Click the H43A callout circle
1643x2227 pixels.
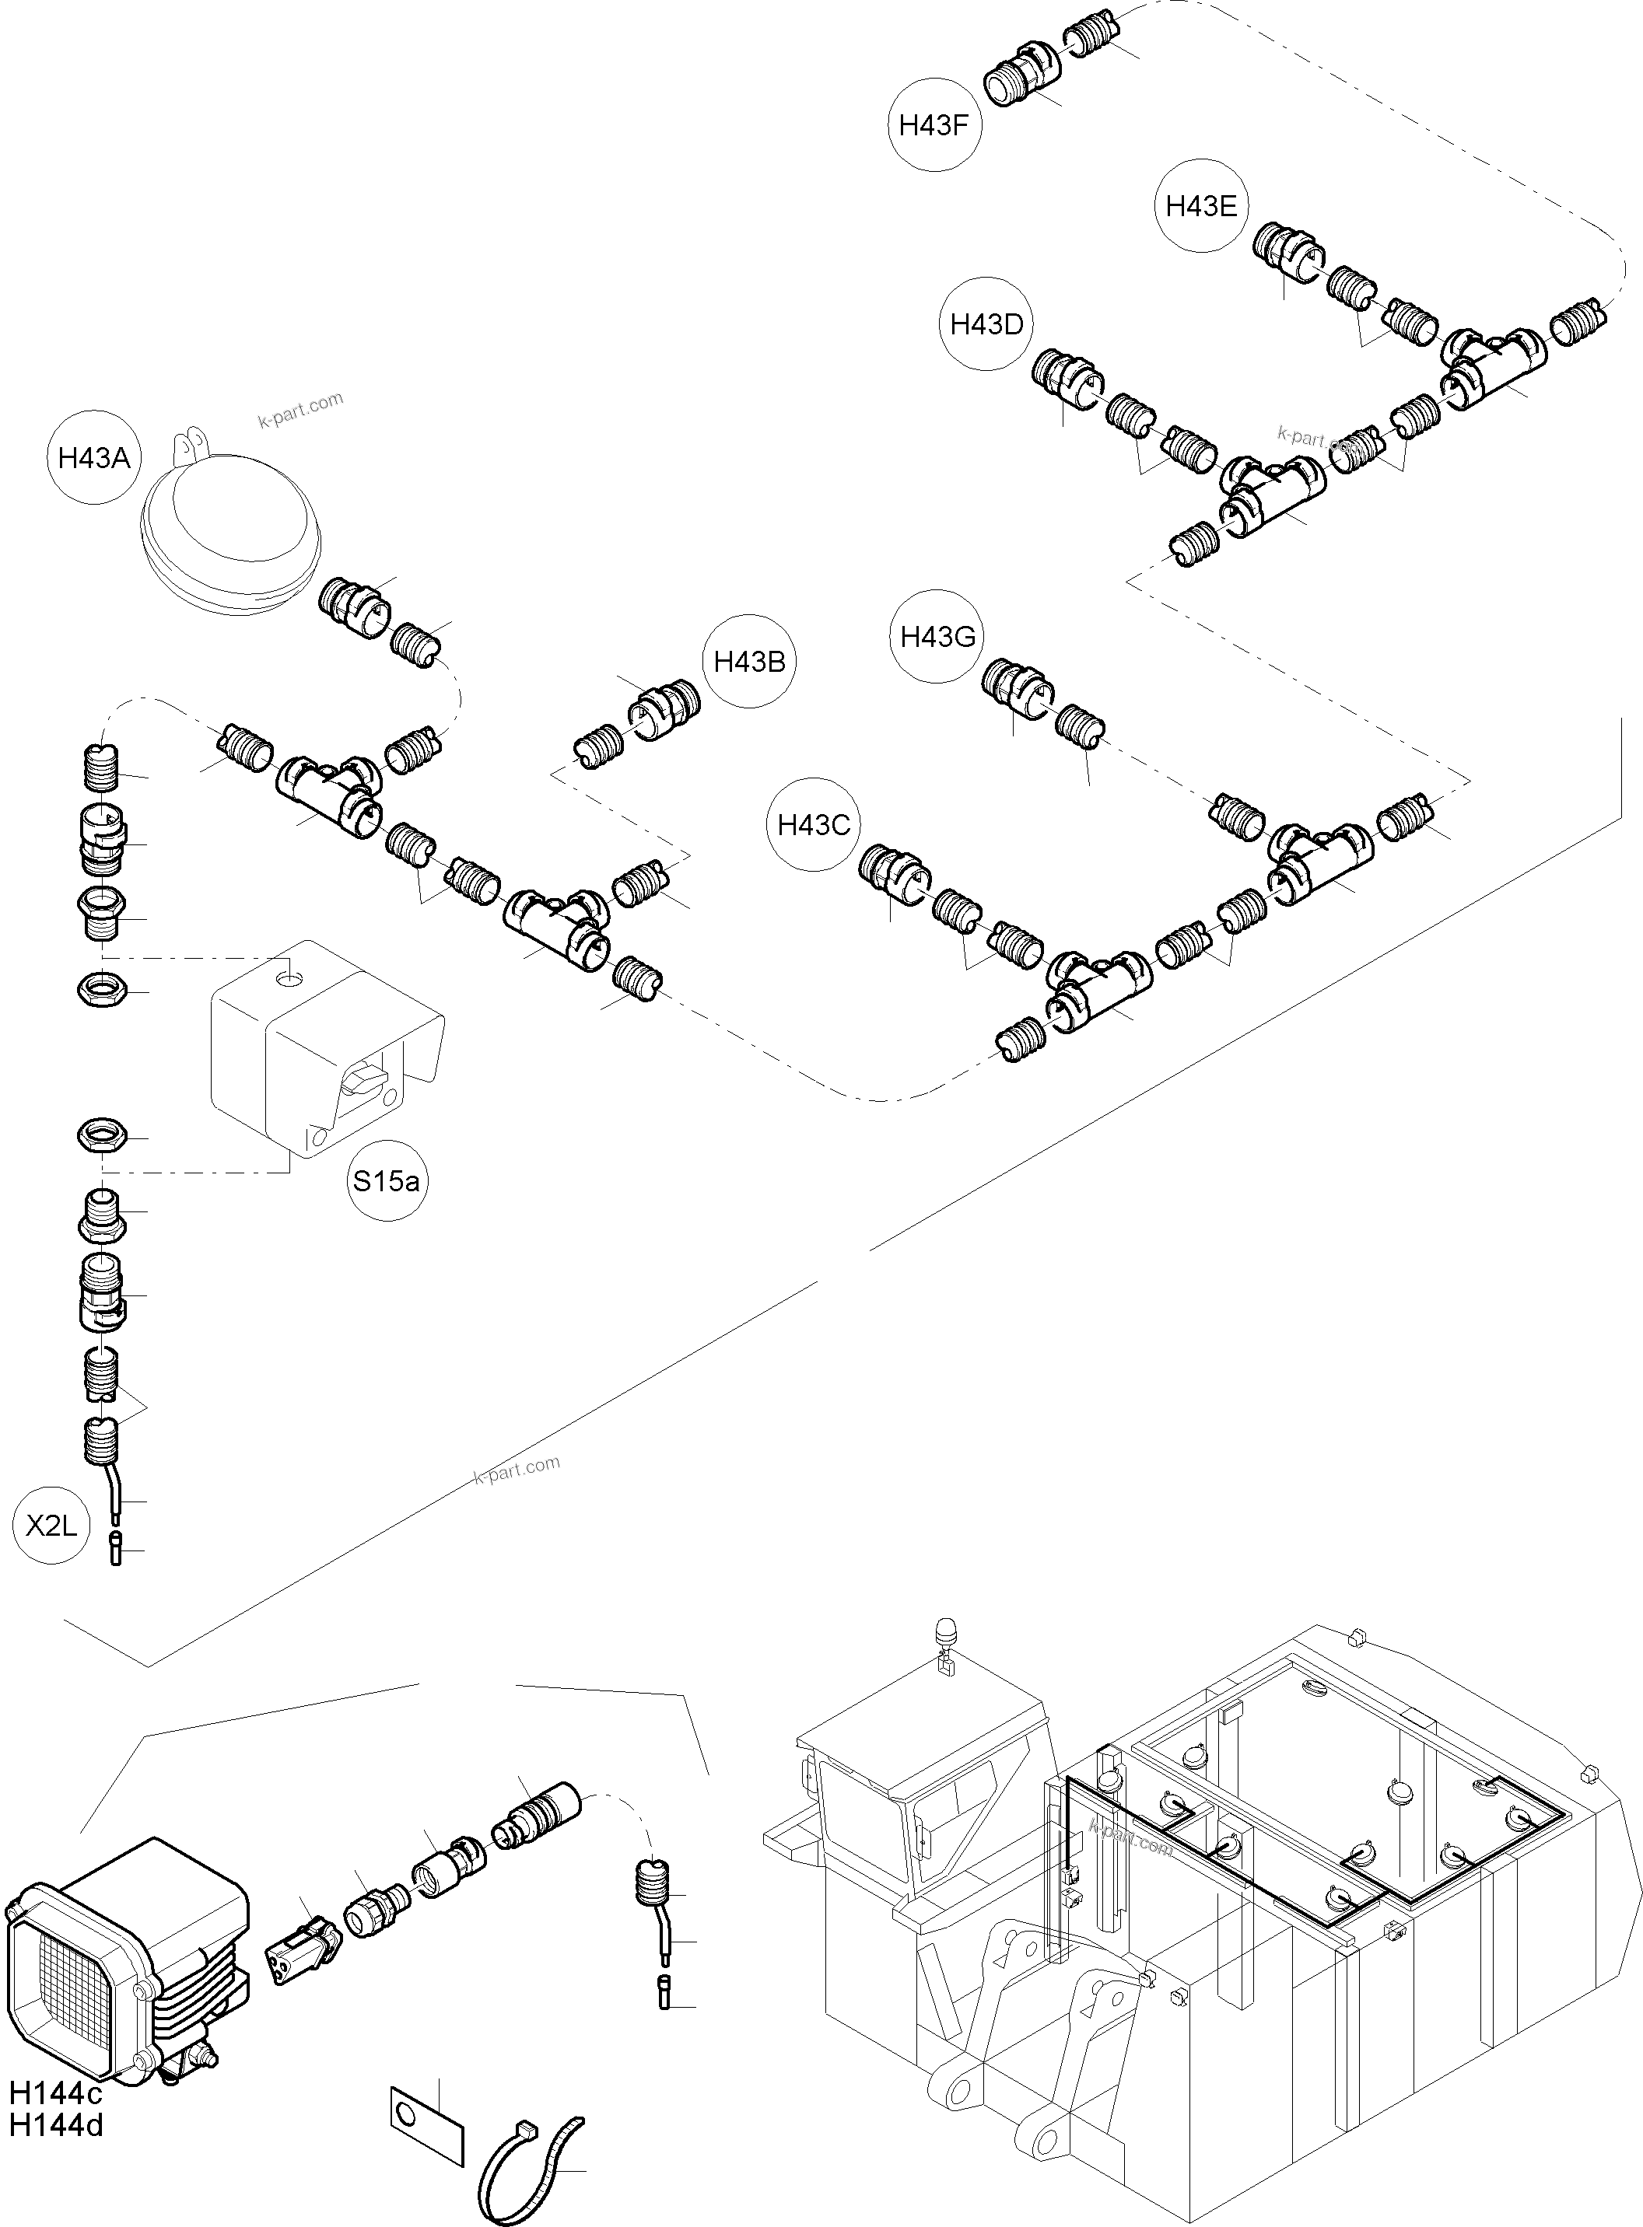coord(94,457)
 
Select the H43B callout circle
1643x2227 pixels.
coord(750,661)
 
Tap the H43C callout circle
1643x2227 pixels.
coord(814,824)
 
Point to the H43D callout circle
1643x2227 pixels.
coord(986,324)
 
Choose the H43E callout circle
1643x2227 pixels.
coord(1201,206)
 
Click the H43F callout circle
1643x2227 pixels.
coord(934,124)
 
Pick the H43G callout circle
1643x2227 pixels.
coord(938,635)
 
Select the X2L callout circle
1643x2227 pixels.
coord(51,1525)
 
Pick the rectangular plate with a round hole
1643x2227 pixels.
coord(425,2113)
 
